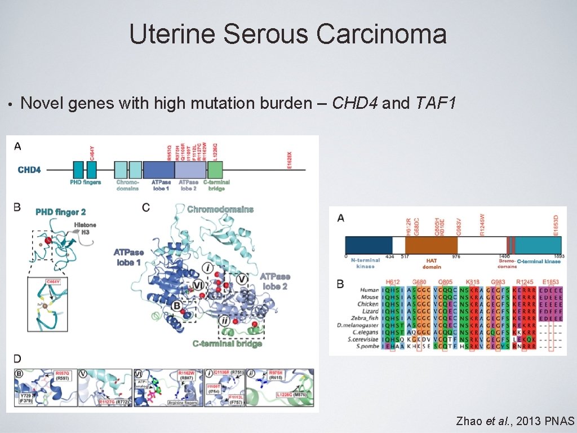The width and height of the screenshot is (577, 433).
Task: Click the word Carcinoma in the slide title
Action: pos(381,34)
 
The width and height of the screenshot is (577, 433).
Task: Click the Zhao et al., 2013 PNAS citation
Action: pos(514,421)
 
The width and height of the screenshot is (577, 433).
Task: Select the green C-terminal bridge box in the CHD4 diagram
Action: pos(215,169)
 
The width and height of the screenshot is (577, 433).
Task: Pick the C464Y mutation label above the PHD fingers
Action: pos(92,152)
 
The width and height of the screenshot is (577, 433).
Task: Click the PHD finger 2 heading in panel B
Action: pos(61,212)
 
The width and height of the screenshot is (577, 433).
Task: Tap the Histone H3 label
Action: pos(85,228)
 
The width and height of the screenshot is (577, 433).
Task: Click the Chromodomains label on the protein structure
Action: pos(220,209)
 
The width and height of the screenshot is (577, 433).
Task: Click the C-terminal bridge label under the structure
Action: pos(227,343)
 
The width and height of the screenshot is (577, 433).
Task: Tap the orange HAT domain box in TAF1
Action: pos(432,246)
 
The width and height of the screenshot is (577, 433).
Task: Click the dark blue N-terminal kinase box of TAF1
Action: pos(369,246)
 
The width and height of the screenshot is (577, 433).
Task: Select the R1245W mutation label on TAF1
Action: pos(482,224)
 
